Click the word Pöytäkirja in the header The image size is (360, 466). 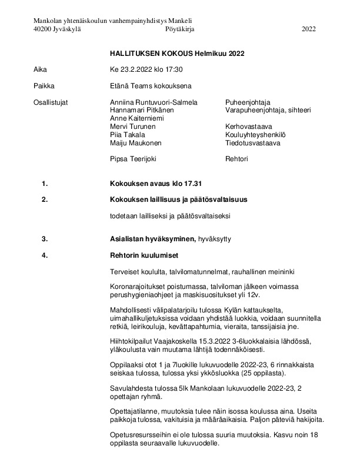tap(180, 28)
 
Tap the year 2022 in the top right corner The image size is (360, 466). tap(308, 28)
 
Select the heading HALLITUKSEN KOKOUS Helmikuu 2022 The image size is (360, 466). tap(176, 53)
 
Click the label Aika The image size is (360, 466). tap(41, 69)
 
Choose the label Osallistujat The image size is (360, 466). tap(51, 102)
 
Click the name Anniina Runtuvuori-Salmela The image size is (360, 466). tap(149, 102)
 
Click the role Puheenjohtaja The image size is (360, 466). tap(248, 102)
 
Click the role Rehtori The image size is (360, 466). tap(236, 158)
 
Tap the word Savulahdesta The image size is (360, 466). tap(130, 388)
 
